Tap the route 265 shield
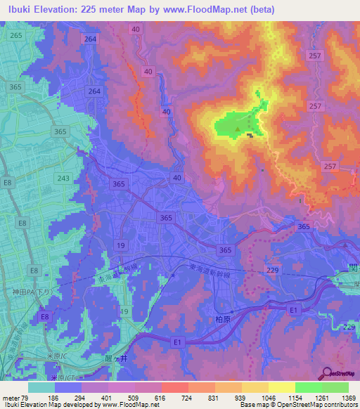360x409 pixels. click(15, 35)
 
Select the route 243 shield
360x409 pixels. click(63, 178)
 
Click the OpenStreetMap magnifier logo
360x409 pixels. click(327, 372)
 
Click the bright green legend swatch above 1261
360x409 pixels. click(308, 387)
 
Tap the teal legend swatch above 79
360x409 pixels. click(41, 387)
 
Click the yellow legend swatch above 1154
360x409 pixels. click(281, 387)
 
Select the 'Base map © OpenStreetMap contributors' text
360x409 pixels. click(299, 405)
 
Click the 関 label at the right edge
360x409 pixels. click(354, 268)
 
